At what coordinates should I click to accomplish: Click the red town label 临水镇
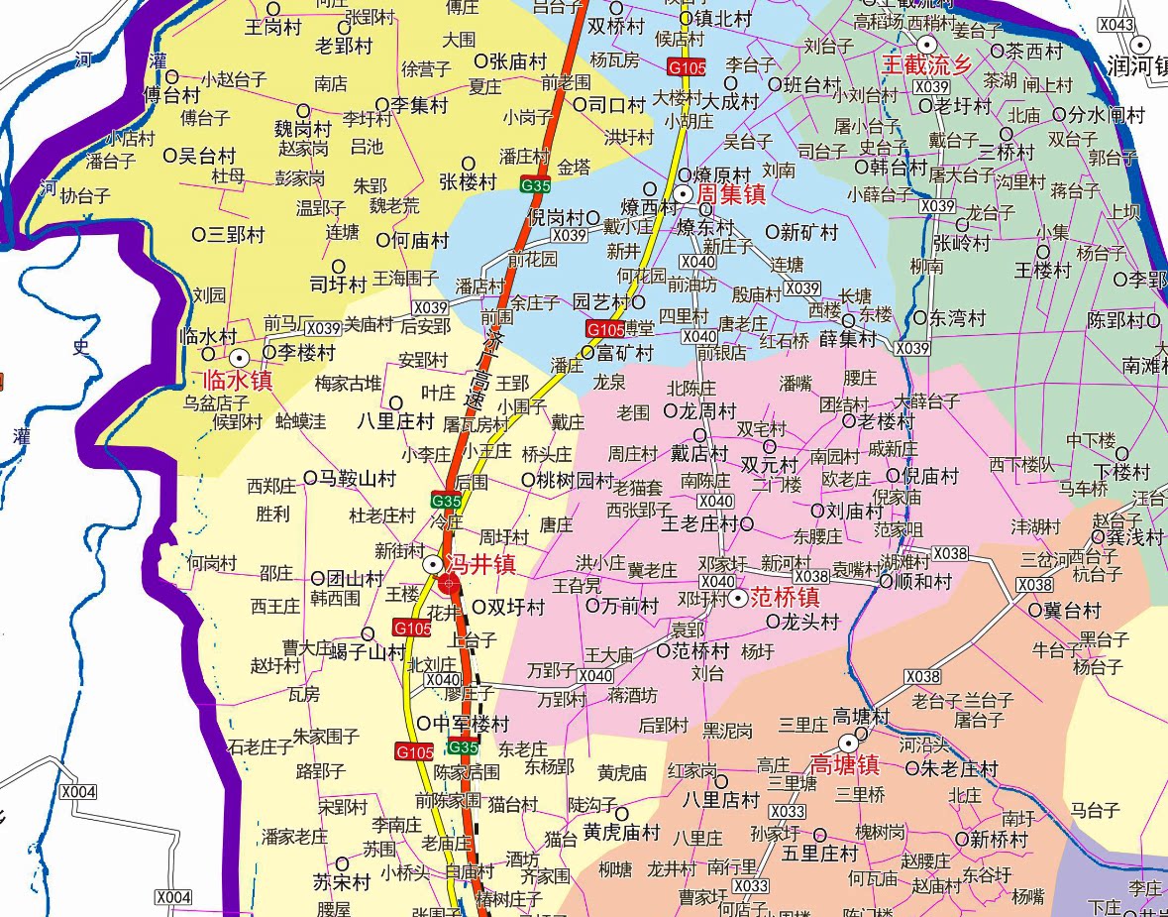237,381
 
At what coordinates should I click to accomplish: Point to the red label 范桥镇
784,598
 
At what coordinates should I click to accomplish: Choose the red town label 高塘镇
845,764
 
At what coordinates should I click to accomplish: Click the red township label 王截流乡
928,65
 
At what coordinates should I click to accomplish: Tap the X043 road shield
1115,24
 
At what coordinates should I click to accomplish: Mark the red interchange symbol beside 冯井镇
449,584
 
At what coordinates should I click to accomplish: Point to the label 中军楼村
471,724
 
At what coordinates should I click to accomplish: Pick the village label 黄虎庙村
621,831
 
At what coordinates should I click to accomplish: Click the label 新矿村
808,232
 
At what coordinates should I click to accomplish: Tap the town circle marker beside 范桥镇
739,598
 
